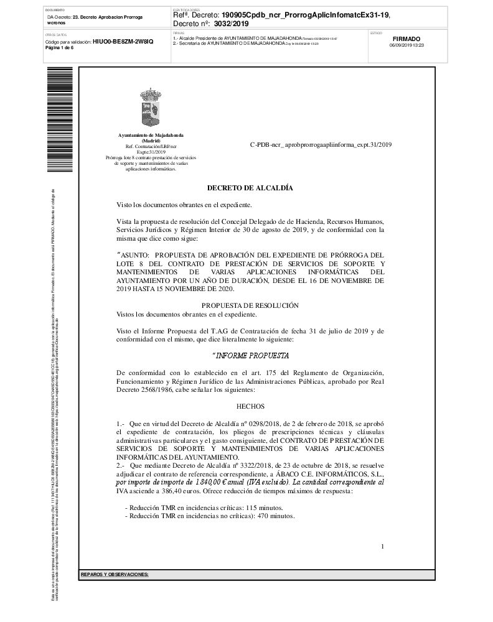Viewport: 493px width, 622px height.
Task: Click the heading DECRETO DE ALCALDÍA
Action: pos(250,188)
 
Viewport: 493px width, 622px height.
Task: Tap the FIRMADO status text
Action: pos(406,38)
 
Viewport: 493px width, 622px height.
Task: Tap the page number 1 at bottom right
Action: pos(382,546)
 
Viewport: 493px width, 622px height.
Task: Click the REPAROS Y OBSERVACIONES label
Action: pos(115,574)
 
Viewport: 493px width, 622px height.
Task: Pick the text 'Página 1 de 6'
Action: pos(60,47)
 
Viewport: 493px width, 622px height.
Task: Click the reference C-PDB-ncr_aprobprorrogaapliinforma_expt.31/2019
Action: pos(321,144)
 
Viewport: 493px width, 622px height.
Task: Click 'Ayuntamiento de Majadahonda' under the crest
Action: pos(151,135)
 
